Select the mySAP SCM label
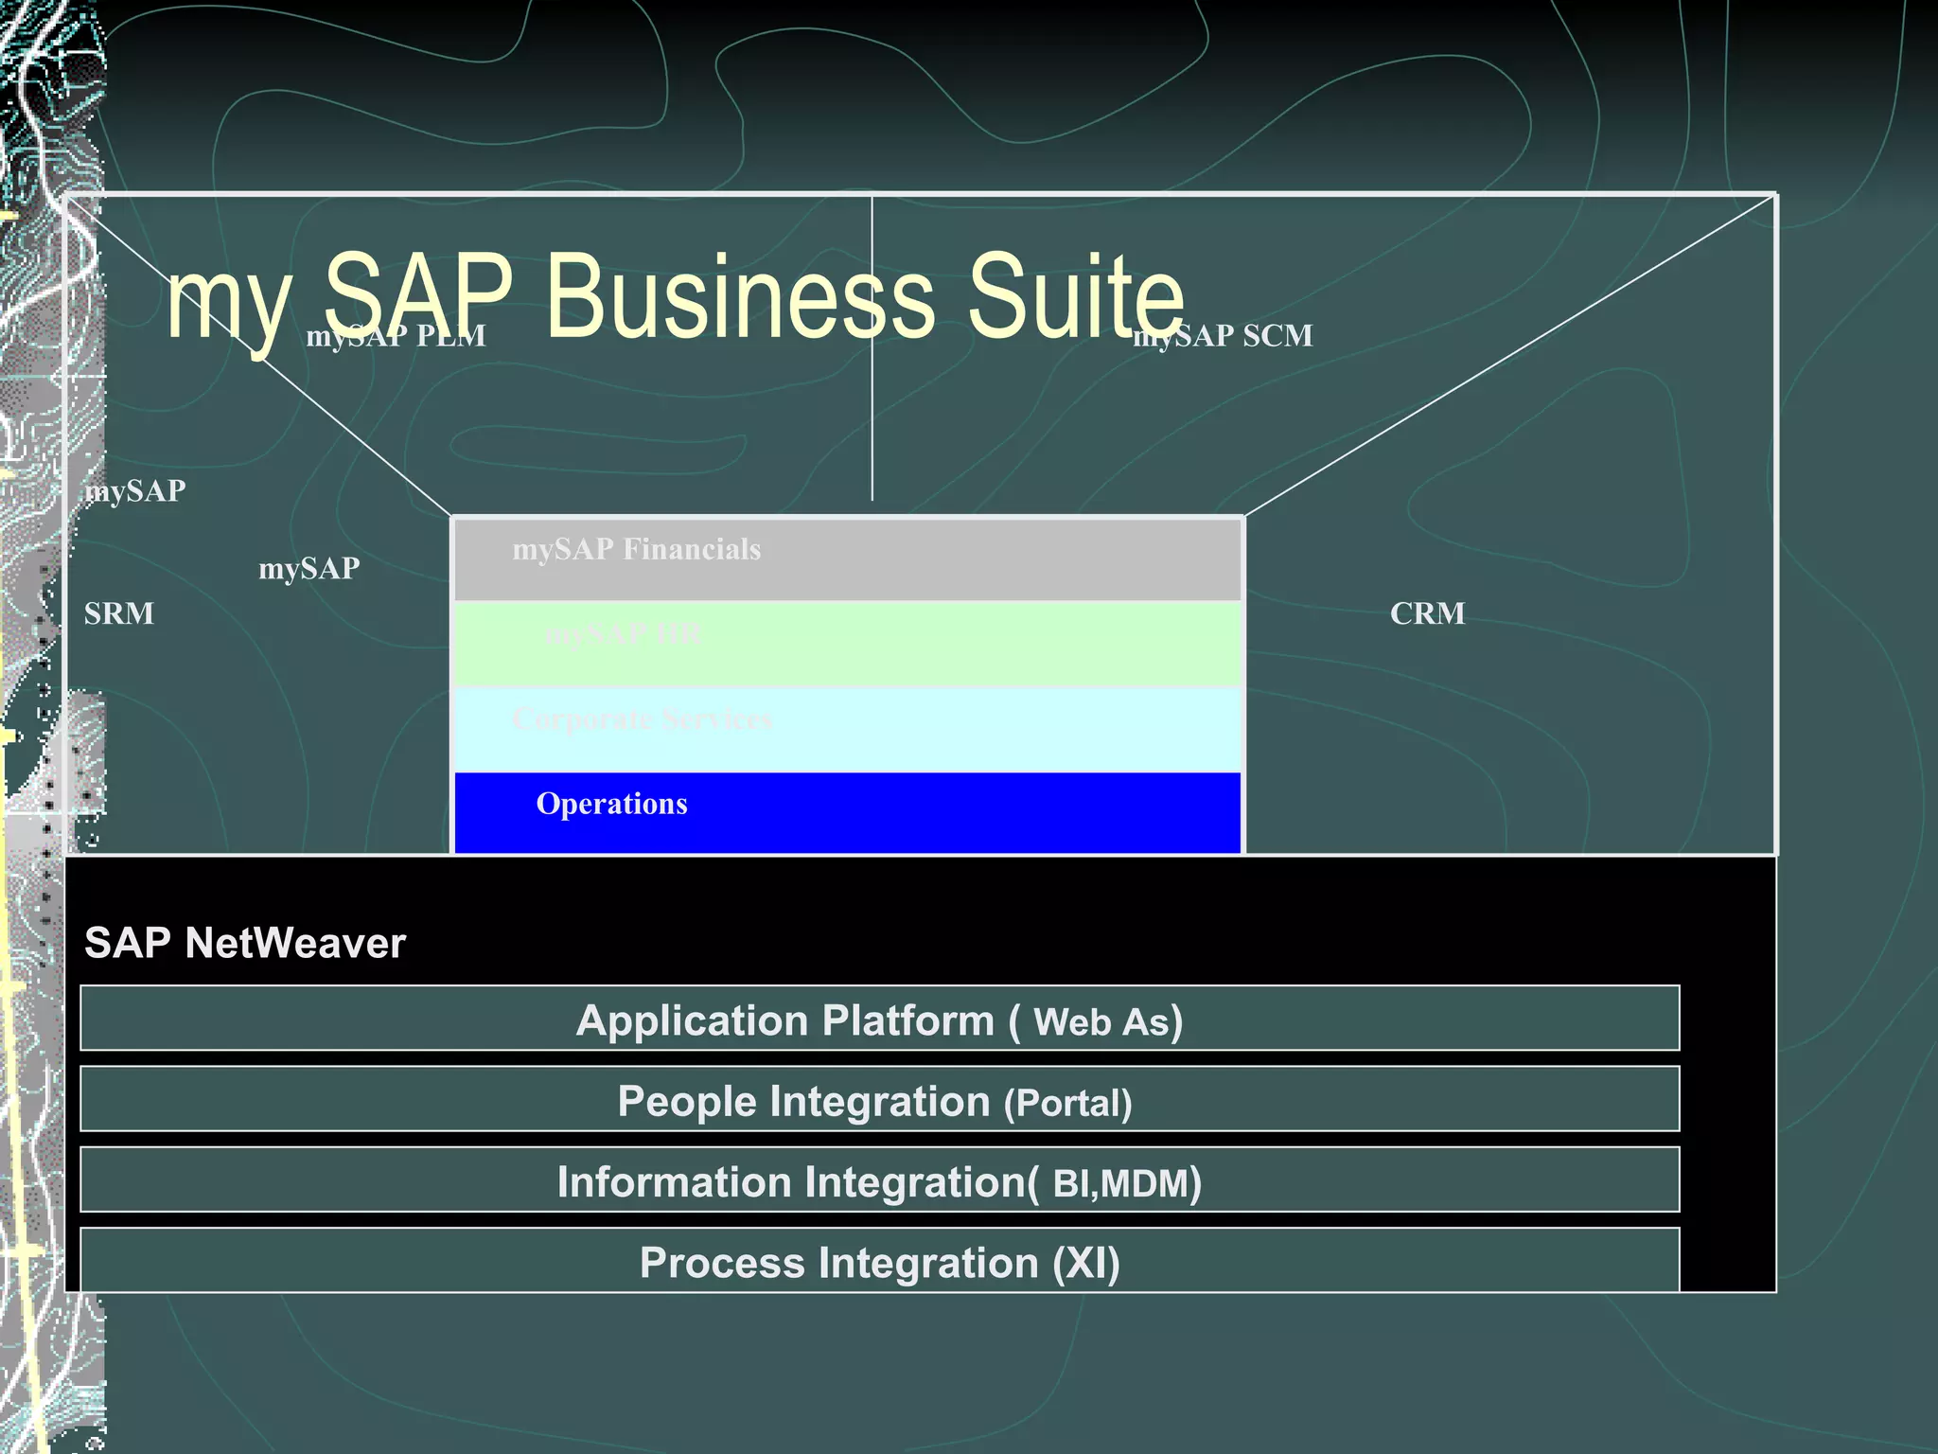[x=1224, y=335]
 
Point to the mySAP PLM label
[x=396, y=335]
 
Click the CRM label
[x=1427, y=613]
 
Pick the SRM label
[x=118, y=613]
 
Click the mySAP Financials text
[x=636, y=549]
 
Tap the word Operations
[x=611, y=804]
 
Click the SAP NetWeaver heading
[x=245, y=943]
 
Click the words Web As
[x=1101, y=1022]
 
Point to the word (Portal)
[x=1067, y=1104]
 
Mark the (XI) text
[x=1085, y=1263]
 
